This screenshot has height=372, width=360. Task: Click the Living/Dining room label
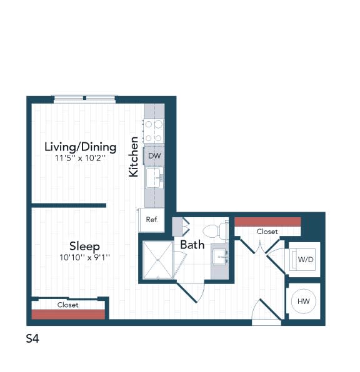80,147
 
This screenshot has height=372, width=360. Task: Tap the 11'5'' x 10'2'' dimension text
79,159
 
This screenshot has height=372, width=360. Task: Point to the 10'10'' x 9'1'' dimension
84,257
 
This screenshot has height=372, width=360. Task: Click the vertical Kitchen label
133,157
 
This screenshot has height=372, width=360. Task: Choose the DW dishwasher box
153,156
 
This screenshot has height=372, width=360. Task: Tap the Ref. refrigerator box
151,220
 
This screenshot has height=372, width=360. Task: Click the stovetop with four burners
153,131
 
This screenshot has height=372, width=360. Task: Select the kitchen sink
153,178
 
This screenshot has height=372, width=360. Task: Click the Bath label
192,245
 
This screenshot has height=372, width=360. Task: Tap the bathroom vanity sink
220,257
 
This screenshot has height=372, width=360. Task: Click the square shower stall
159,259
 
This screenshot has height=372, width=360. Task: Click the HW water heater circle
304,301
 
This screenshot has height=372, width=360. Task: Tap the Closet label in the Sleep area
68,305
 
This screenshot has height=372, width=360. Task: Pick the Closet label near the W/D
267,232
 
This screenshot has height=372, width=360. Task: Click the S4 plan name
34,339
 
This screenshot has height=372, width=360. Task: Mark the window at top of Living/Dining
84,99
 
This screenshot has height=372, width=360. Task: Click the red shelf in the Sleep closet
68,314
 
